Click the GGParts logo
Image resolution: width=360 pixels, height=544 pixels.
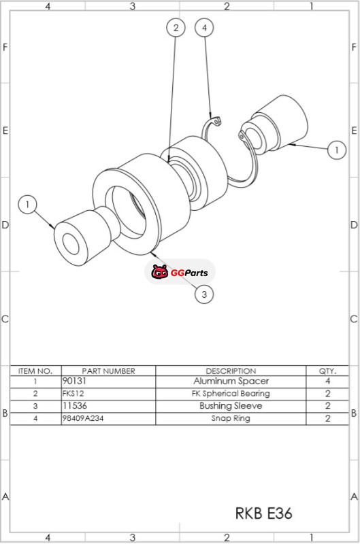click(180, 272)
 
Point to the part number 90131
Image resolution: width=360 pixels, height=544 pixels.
click(74, 381)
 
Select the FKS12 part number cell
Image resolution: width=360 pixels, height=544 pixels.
click(73, 394)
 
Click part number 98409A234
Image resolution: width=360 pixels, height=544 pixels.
click(83, 418)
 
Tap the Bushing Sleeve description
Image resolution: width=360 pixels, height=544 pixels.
click(231, 406)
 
